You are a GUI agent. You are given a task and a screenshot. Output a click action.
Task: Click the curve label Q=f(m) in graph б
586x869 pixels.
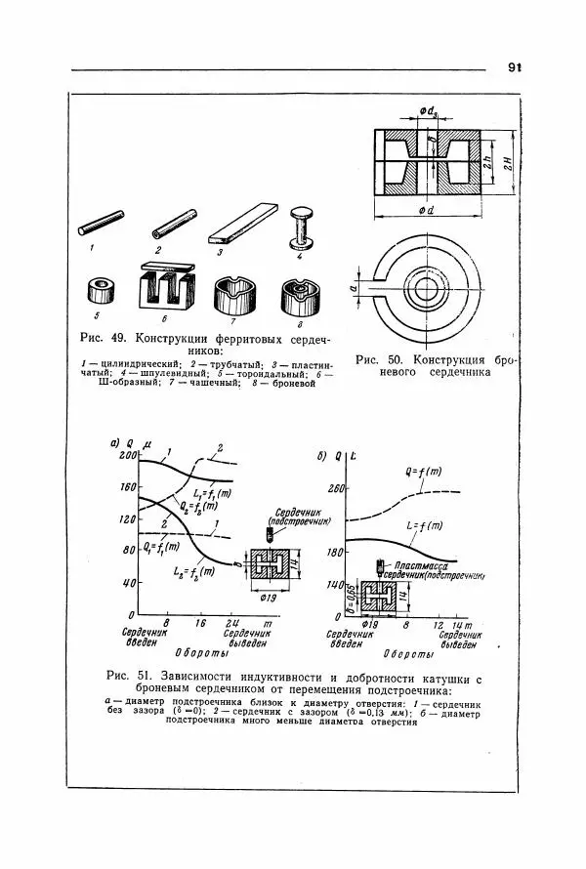[423, 473]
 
